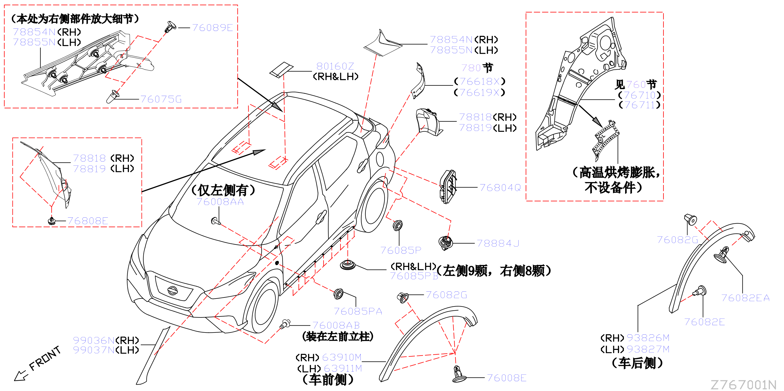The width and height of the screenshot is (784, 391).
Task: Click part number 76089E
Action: coord(212,28)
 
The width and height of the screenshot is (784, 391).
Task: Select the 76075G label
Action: coord(161,99)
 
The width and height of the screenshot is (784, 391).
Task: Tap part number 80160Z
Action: coord(335,66)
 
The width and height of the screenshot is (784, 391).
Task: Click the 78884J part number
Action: coord(498,243)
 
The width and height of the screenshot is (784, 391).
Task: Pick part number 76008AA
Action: coord(220,202)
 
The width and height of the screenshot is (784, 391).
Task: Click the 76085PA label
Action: coord(358,311)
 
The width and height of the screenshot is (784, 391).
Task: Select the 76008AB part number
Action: coord(336,325)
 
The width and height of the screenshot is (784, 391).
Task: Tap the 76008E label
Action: coord(507,378)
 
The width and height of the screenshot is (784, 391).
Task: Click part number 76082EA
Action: coord(745,298)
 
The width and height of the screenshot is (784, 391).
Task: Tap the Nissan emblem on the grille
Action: coord(172,290)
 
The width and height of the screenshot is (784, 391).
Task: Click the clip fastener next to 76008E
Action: coord(459,374)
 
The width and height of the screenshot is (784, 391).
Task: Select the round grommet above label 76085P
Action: coord(398,226)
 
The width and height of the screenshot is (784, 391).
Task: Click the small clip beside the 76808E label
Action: coord(52,221)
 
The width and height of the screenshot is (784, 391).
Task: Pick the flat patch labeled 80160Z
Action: coord(282,70)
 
